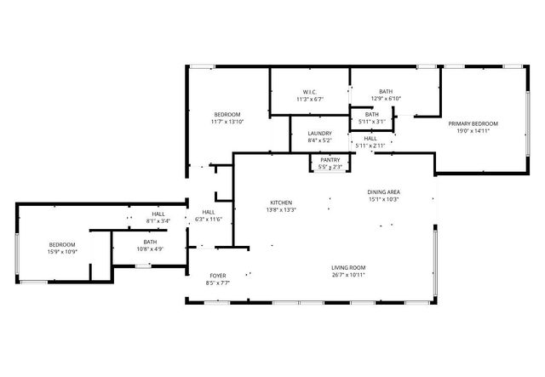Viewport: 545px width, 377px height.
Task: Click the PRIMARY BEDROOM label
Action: (x=473, y=123)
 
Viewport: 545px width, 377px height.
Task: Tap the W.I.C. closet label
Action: (x=309, y=92)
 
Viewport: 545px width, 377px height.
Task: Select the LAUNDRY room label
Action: (x=320, y=133)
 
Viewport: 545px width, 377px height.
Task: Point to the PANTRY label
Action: (x=330, y=159)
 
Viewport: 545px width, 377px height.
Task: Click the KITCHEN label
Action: (x=282, y=202)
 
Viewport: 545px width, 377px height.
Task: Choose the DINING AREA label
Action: (x=384, y=192)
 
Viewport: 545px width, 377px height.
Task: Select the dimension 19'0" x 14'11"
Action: (x=473, y=131)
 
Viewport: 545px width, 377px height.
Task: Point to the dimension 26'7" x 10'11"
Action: (x=348, y=275)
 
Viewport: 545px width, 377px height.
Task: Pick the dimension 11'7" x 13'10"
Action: (x=227, y=122)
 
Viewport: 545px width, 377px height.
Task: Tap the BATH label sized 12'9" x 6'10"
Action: (x=386, y=91)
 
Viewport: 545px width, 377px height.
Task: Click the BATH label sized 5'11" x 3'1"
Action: (x=372, y=114)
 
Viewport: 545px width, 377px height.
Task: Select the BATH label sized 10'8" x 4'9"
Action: (x=150, y=242)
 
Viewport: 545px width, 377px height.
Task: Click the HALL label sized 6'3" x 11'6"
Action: (x=208, y=212)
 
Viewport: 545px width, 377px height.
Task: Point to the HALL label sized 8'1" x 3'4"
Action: (x=158, y=214)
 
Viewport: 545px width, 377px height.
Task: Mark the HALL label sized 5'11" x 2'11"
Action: (x=370, y=138)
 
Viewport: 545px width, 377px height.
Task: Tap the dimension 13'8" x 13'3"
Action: (x=282, y=209)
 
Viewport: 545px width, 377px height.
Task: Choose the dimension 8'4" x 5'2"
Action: (x=320, y=140)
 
